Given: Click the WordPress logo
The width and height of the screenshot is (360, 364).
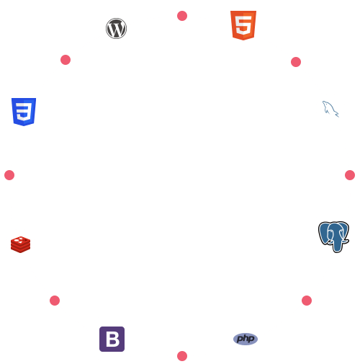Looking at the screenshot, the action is [x=116, y=28].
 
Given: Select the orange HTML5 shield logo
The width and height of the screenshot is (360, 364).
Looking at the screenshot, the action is [x=243, y=25].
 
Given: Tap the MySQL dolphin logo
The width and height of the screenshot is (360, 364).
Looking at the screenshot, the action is [x=330, y=109].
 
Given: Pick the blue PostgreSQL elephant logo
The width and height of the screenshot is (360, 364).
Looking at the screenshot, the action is [x=333, y=237].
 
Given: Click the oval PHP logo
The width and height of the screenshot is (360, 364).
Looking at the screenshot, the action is [x=246, y=339].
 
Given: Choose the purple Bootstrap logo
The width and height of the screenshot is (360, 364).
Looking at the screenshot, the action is [x=112, y=339].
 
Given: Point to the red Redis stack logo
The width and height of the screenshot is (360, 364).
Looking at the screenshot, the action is [x=21, y=244].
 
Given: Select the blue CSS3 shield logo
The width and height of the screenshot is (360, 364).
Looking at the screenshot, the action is [x=24, y=112].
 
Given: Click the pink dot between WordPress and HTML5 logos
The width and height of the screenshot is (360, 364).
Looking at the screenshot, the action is [x=182, y=16].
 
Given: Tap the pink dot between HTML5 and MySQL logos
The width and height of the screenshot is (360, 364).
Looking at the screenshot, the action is [x=296, y=62].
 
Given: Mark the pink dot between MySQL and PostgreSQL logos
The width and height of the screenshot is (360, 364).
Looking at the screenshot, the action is [x=350, y=175].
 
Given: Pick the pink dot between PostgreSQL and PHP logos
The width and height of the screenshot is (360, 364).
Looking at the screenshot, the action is [x=307, y=301].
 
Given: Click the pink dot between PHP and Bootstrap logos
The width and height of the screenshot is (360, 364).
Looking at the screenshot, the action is [x=182, y=356].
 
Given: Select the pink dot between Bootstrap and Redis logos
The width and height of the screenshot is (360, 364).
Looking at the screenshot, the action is [x=55, y=301].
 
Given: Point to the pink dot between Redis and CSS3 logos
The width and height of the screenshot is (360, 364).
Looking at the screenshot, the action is [x=9, y=175].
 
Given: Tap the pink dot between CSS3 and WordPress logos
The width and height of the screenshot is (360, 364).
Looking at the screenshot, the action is [x=66, y=60].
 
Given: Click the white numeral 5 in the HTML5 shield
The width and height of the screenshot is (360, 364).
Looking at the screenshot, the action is [x=243, y=25].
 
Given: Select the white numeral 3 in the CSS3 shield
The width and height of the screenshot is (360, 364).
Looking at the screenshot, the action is [x=24, y=112].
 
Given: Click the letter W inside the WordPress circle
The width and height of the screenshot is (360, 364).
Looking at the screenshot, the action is [x=116, y=29].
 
